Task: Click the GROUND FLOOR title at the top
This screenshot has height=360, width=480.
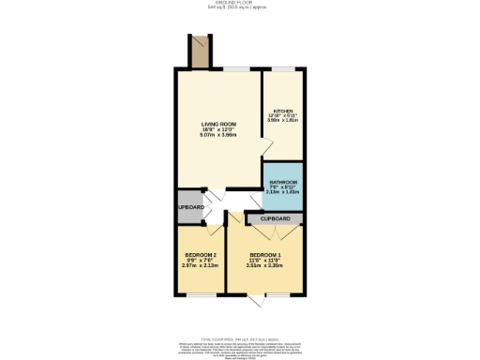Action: pos(239,4)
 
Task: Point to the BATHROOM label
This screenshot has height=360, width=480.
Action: pos(283,181)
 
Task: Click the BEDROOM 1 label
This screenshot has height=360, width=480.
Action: pos(265,255)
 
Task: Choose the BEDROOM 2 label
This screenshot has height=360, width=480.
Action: pos(200,255)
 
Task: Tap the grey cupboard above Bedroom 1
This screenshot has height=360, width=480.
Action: pos(276,218)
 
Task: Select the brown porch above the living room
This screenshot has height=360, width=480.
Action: pos(198,52)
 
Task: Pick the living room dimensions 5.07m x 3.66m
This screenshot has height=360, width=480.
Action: pos(219,137)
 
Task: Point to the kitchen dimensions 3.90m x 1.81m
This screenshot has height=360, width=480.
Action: pos(282,121)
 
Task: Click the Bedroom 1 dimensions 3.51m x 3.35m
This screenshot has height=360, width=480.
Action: pos(265,266)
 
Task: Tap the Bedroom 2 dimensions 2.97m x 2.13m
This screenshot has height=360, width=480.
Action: pos(200,266)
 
